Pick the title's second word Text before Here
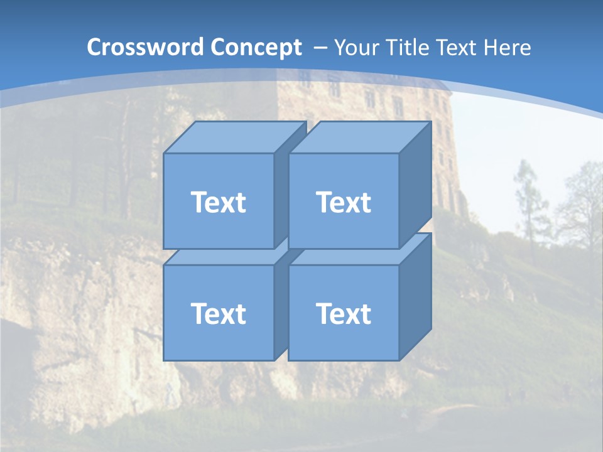tap(458, 48)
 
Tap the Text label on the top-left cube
tap(218, 202)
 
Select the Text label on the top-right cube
tap(343, 202)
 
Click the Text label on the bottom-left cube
tap(218, 313)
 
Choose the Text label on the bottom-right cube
tap(343, 313)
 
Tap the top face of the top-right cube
tap(359, 137)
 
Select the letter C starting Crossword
tap(95, 48)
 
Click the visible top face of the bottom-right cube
tap(352, 256)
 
